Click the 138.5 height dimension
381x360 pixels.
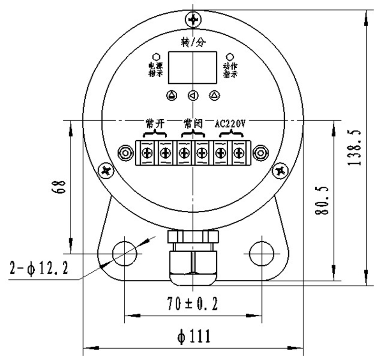pyautogui.click(x=354, y=148)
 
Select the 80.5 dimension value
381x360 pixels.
pyautogui.click(x=322, y=201)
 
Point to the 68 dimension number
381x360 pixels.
pyautogui.click(x=59, y=186)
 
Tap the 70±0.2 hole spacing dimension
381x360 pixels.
pyautogui.click(x=193, y=304)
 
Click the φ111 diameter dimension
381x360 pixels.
pyautogui.click(x=194, y=337)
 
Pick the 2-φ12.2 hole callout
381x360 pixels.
pyautogui.click(x=39, y=268)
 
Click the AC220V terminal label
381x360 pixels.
pyautogui.click(x=230, y=124)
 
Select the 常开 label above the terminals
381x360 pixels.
pyautogui.click(x=155, y=123)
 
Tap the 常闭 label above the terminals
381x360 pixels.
pyautogui.click(x=193, y=123)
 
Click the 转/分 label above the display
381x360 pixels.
pyautogui.click(x=193, y=42)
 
